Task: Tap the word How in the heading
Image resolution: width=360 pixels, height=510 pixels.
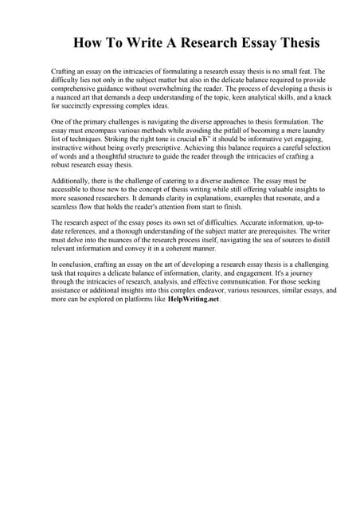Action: tap(88, 42)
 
